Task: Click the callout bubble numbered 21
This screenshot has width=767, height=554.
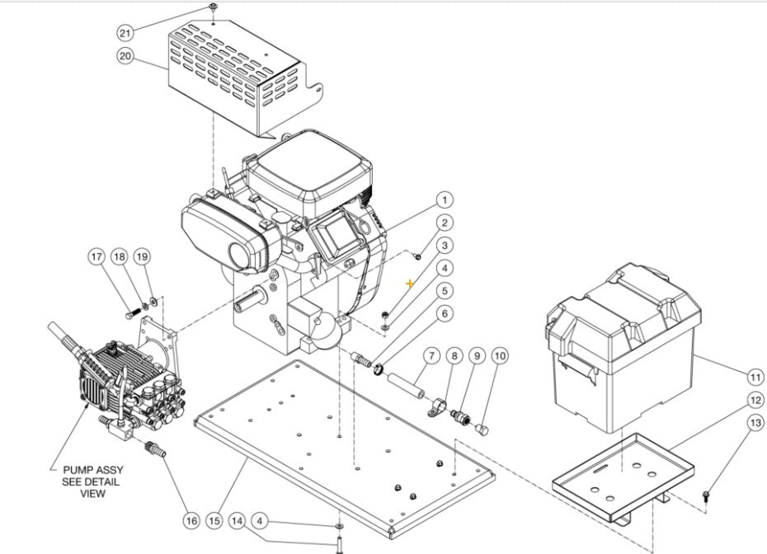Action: point(125,32)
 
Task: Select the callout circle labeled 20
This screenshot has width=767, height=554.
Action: point(125,56)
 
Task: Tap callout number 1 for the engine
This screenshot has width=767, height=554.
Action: point(444,200)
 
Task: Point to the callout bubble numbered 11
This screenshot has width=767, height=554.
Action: point(755,378)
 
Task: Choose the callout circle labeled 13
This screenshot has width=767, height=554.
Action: point(755,423)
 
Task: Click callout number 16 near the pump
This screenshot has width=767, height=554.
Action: point(191,520)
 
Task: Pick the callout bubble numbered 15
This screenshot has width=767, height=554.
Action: point(214,520)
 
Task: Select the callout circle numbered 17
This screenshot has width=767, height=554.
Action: point(97,256)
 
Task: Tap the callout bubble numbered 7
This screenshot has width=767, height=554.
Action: point(430,356)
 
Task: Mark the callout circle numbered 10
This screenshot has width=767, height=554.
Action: point(499,356)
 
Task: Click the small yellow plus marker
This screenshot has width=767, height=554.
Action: point(410,283)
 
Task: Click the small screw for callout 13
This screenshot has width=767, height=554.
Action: point(707,495)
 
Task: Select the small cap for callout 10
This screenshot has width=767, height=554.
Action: point(484,430)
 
